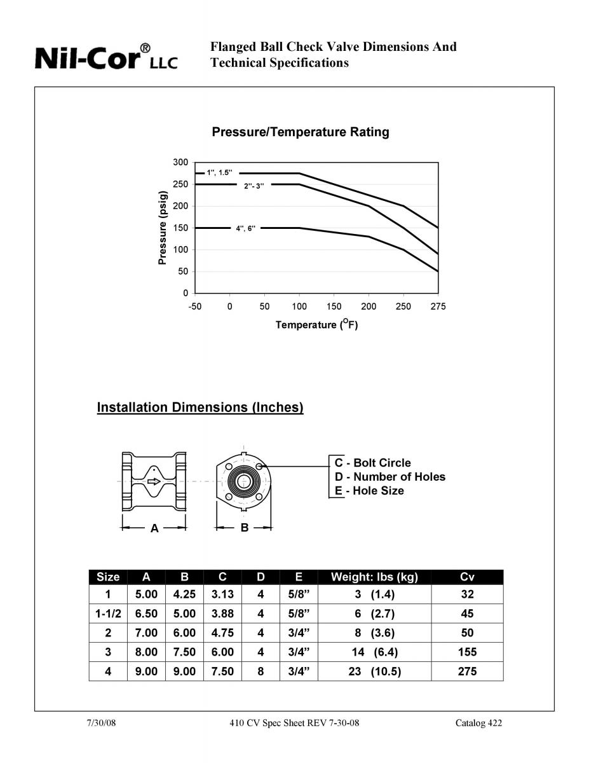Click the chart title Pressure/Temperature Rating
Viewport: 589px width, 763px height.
point(300,132)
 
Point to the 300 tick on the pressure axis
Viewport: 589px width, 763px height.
point(181,163)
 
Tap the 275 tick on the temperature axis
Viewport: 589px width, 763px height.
point(438,306)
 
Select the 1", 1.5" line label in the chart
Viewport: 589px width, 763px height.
point(223,173)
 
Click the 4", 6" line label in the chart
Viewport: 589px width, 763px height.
point(245,228)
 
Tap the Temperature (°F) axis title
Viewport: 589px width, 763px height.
point(316,326)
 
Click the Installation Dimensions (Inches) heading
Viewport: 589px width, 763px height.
point(200,408)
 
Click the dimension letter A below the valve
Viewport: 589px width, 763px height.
point(154,528)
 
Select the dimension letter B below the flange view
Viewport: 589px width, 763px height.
point(245,528)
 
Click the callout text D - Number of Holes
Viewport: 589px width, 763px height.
point(390,477)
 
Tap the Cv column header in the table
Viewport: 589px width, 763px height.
point(467,577)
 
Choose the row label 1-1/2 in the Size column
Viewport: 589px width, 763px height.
point(108,614)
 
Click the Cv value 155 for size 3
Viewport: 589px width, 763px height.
point(467,652)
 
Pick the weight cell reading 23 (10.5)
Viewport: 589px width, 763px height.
point(375,671)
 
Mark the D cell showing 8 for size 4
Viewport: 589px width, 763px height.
point(261,671)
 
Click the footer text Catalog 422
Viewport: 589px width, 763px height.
point(478,723)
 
